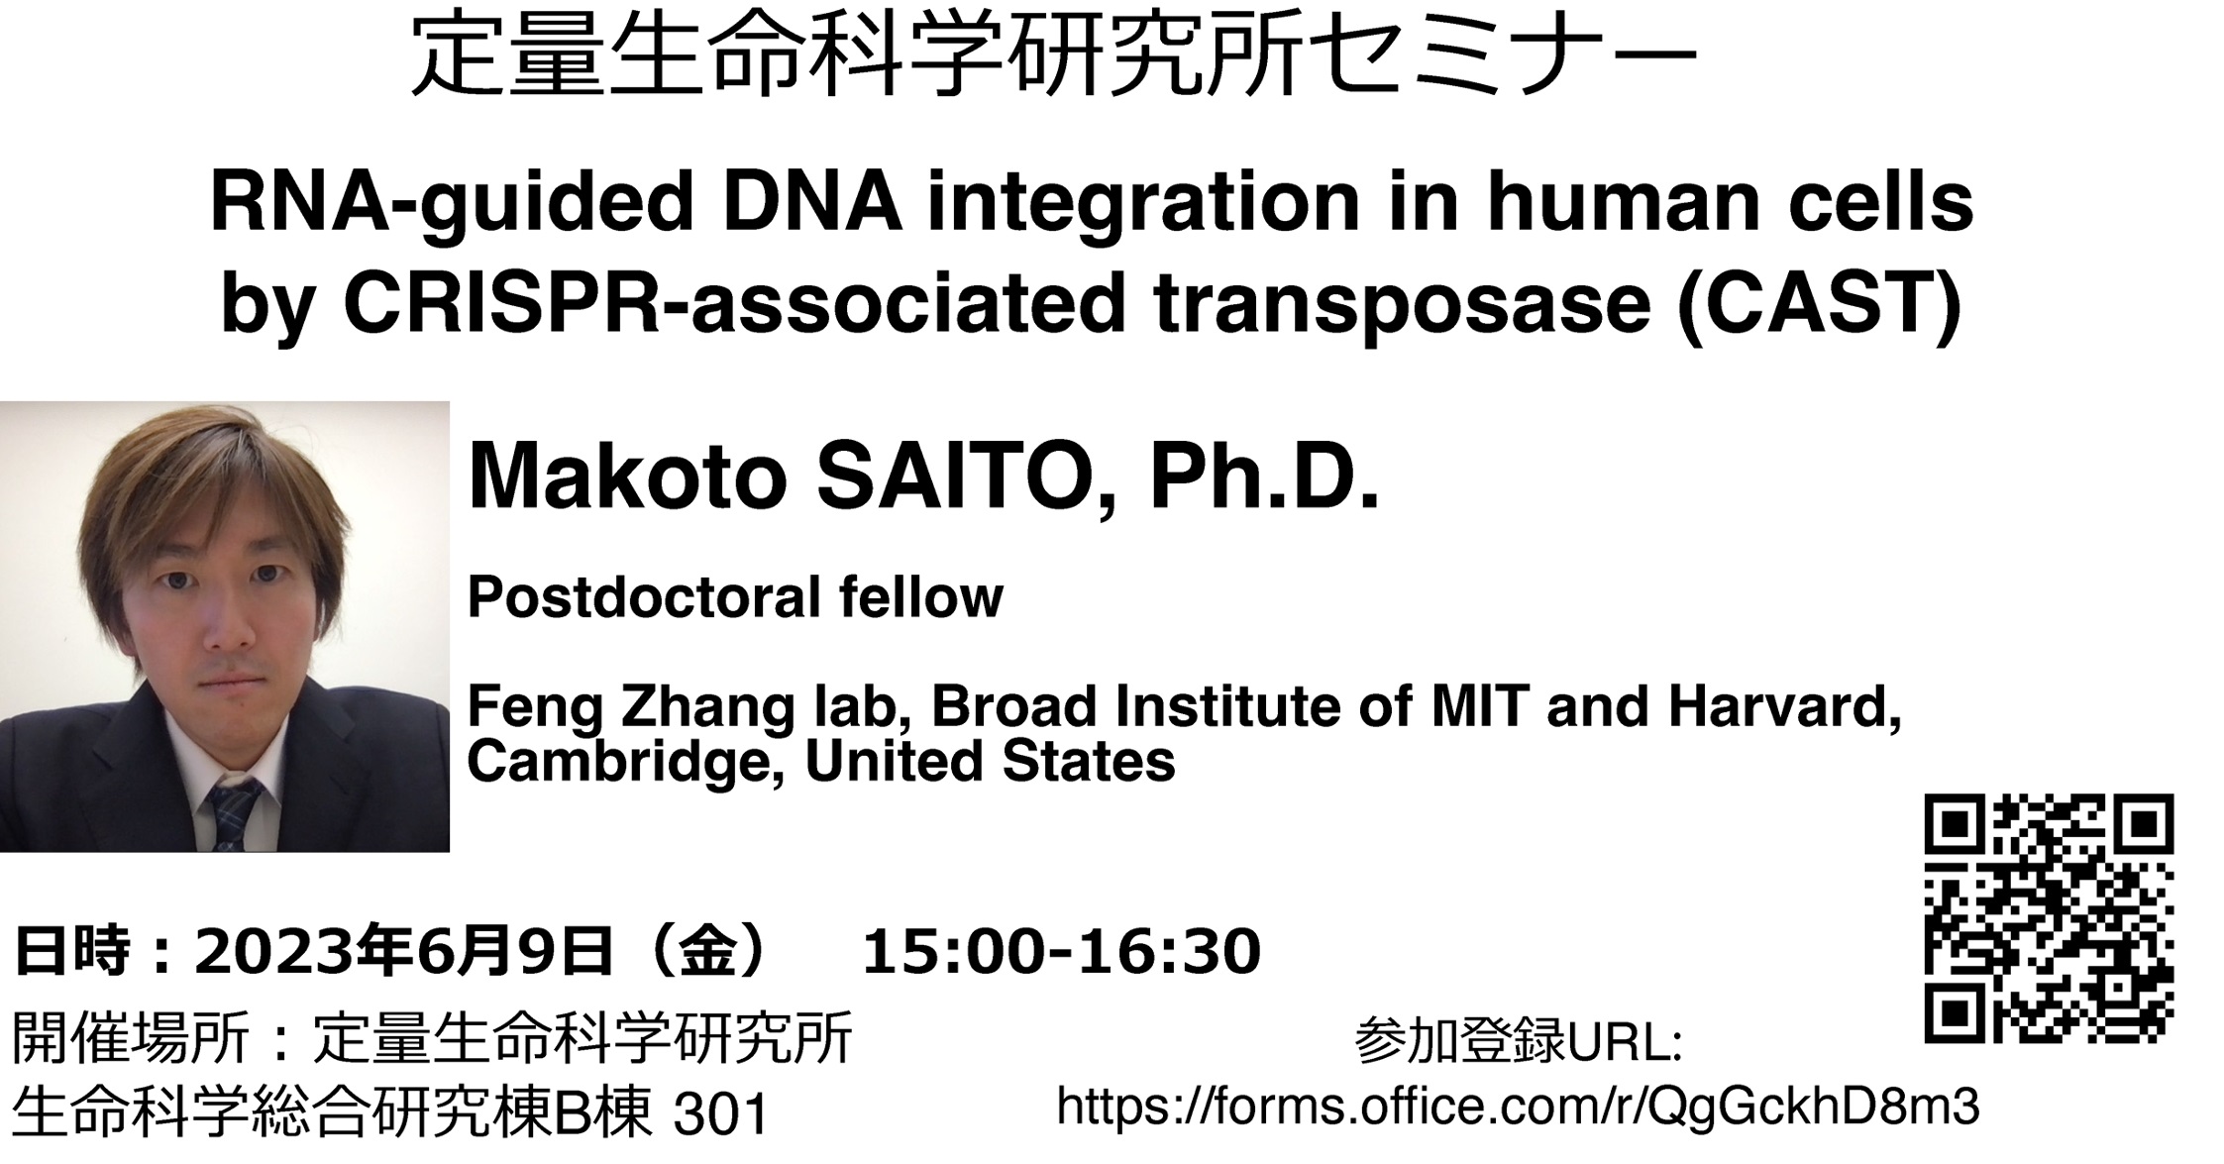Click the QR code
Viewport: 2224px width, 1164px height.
pyautogui.click(x=2049, y=917)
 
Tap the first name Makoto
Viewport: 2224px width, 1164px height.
pyautogui.click(x=627, y=477)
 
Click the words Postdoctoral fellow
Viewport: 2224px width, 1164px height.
pyautogui.click(x=735, y=597)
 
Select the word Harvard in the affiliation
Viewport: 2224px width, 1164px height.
pyautogui.click(x=1784, y=707)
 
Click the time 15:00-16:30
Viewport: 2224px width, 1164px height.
pyautogui.click(x=1061, y=951)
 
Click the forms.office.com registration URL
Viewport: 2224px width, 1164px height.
pyautogui.click(x=1519, y=1106)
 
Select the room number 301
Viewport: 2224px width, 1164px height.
pyautogui.click(x=721, y=1115)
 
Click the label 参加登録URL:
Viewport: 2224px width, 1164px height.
pyautogui.click(x=1518, y=1042)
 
